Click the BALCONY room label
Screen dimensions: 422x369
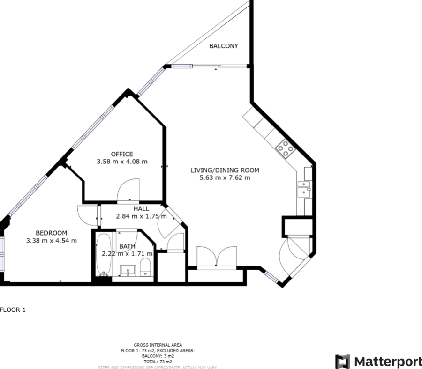[x=224, y=46]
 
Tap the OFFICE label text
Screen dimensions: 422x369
[x=122, y=154]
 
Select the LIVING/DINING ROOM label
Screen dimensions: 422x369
[x=225, y=170]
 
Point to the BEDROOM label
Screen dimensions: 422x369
[x=52, y=233]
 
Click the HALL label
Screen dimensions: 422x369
[x=141, y=208]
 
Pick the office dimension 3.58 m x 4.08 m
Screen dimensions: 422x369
[x=122, y=162]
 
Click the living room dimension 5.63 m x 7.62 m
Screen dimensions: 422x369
[x=225, y=177]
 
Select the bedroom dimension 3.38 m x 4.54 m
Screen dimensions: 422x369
[x=52, y=241]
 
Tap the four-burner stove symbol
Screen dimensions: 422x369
[x=285, y=148]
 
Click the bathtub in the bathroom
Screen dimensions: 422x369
[x=104, y=254]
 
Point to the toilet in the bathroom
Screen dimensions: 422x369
[x=145, y=267]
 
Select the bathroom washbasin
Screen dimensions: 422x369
[x=128, y=270]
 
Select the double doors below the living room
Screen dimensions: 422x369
[x=217, y=257]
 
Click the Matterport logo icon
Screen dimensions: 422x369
[x=343, y=362]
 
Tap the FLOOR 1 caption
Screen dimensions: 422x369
[x=13, y=310]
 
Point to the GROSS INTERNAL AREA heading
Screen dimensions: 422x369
[x=158, y=345]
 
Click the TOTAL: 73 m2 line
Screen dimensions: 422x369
[x=158, y=362]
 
